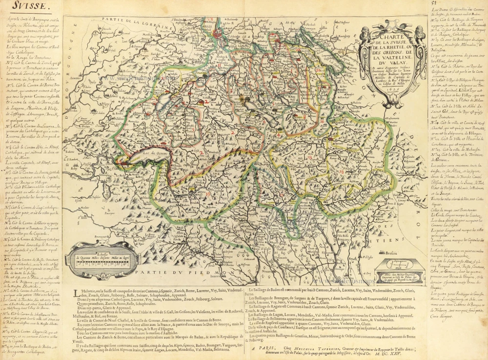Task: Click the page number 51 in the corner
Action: [476, 4]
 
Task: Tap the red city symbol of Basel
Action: [218, 34]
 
